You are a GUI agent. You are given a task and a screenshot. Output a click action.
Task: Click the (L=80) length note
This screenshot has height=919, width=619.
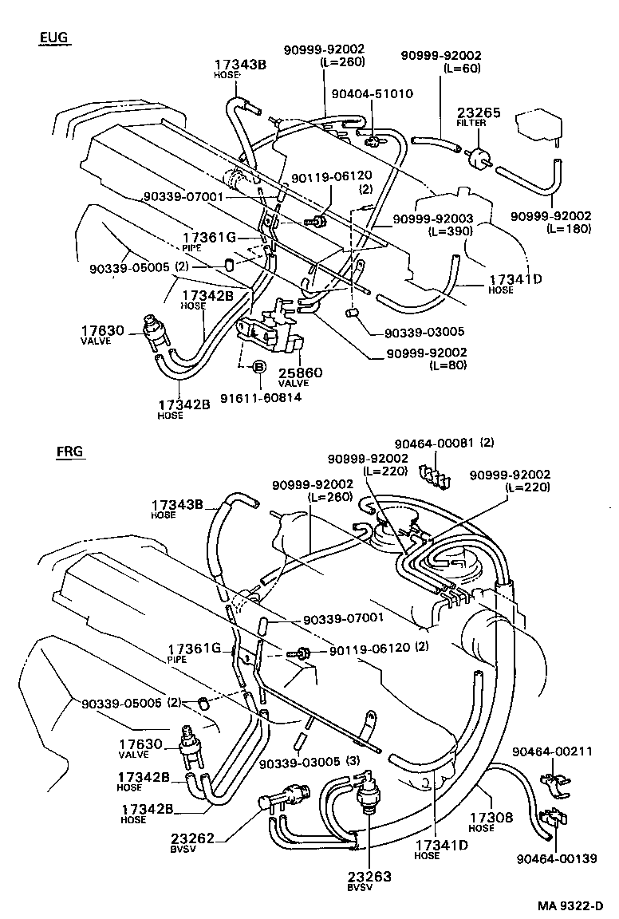(447, 365)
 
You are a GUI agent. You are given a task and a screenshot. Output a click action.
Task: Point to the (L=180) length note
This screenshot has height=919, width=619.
(569, 229)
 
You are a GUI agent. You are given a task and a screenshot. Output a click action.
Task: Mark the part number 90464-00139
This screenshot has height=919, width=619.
(555, 858)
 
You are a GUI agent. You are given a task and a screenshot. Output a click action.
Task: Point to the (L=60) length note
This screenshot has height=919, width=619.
(462, 69)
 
